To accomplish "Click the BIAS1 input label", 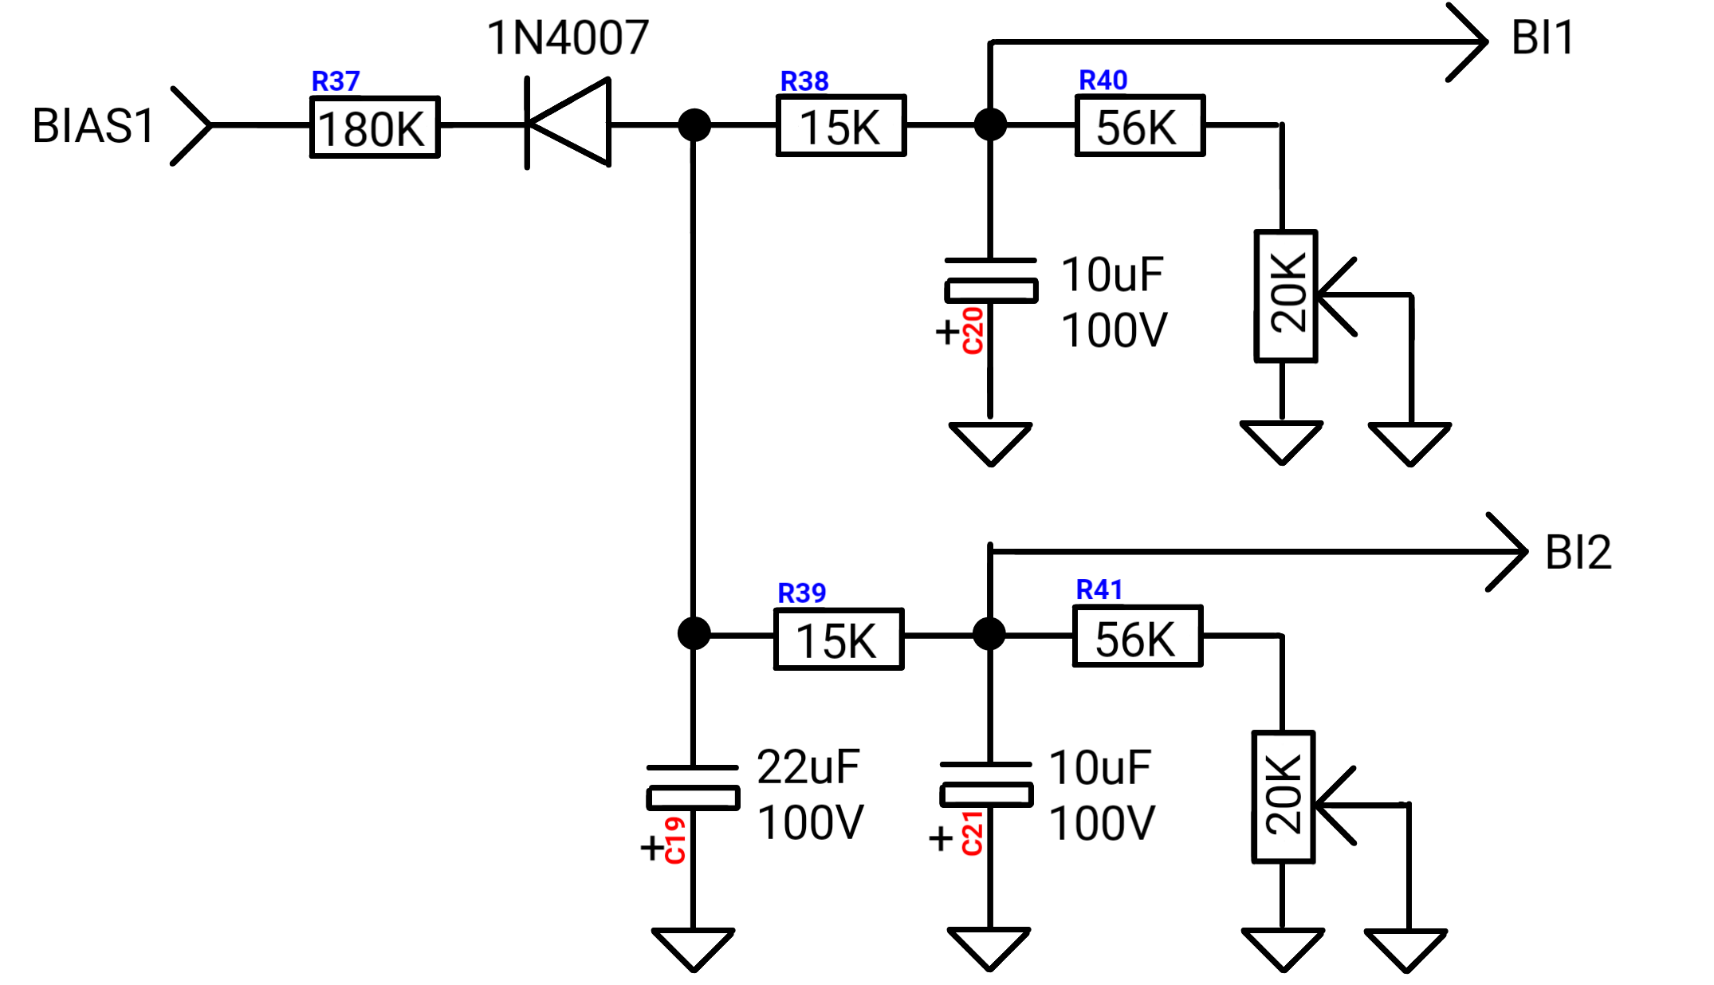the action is point(93,126).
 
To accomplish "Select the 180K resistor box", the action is point(375,128).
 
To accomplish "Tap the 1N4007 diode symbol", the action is point(568,123).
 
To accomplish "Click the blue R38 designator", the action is point(804,81).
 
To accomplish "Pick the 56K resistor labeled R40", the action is point(1140,125).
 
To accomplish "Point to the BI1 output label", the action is point(1543,37).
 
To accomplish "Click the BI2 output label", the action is point(1578,552).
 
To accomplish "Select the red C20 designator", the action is point(973,330).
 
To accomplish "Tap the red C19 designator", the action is point(674,841).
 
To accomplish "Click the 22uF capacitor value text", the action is point(808,767).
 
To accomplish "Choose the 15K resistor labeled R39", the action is point(839,639).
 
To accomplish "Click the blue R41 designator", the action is point(1099,590).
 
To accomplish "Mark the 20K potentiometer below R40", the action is point(1286,296).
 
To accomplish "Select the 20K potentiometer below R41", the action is point(1284,797).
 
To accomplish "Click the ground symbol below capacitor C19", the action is point(693,949).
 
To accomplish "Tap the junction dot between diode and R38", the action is point(694,125).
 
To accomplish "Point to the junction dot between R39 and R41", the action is point(989,634).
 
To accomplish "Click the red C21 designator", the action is point(972,833).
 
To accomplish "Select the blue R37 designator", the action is point(336,81).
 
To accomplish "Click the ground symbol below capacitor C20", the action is point(991,443).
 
